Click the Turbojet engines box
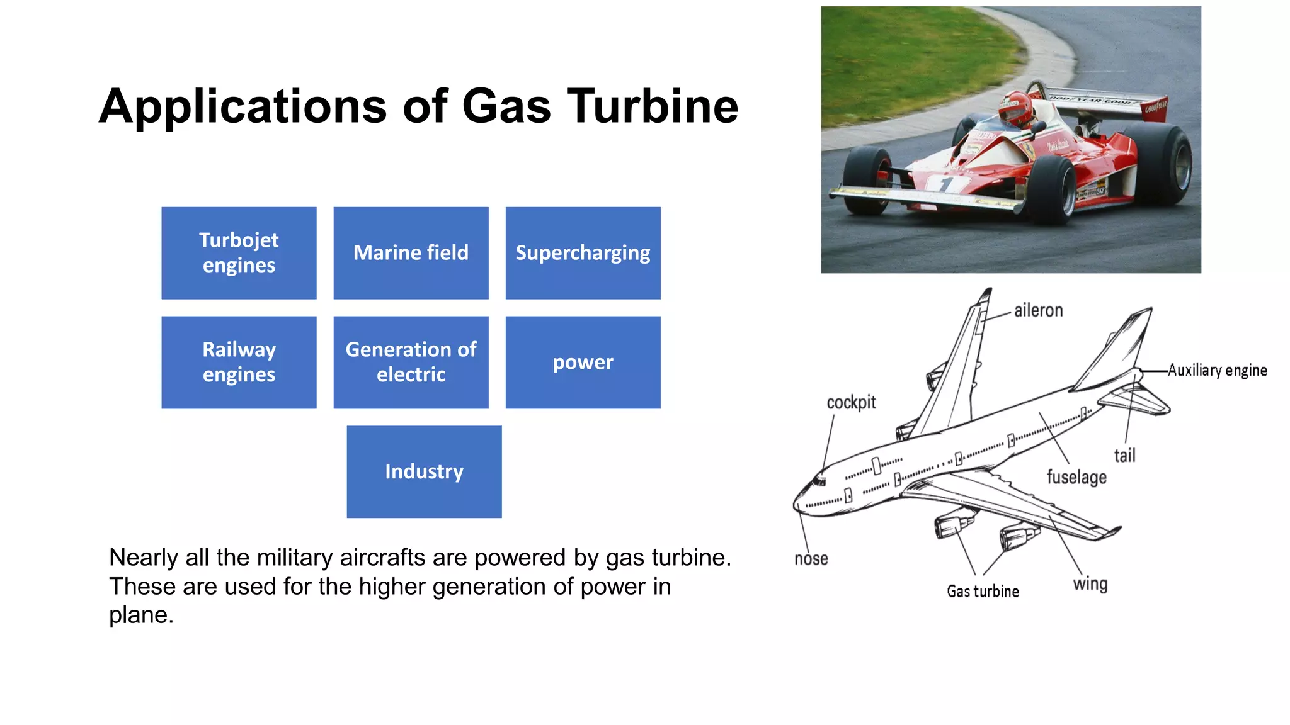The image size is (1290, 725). tap(239, 252)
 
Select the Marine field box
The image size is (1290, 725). tap(411, 252)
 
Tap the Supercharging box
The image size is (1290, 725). tap(583, 252)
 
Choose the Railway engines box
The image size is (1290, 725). tap(239, 362)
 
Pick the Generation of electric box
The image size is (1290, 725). tap(411, 362)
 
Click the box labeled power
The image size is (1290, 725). tap(583, 362)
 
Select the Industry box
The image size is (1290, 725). tap(424, 471)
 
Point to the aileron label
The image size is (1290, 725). tap(1038, 310)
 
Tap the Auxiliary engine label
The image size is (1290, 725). tap(1217, 370)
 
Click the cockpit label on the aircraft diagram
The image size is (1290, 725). tap(851, 402)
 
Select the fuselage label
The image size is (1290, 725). tap(1076, 477)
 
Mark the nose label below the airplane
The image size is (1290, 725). tap(811, 559)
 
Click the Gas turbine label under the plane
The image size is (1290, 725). tap(983, 591)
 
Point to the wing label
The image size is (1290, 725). tap(1090, 584)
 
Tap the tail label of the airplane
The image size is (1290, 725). tap(1124, 455)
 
